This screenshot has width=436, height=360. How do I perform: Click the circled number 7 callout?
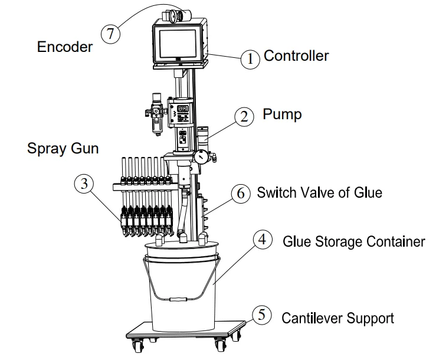click(x=110, y=34)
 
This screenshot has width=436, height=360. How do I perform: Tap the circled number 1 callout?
click(x=250, y=58)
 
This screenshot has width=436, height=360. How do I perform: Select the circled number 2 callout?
click(x=243, y=116)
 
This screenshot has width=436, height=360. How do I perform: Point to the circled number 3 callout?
click(x=84, y=184)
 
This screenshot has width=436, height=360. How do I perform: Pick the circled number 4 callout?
click(x=263, y=241)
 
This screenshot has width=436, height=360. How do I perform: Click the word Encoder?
click(x=65, y=47)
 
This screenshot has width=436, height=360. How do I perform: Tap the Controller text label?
click(x=296, y=56)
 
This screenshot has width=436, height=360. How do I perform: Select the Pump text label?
click(x=282, y=113)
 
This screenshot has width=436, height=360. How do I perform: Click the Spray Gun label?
click(x=63, y=148)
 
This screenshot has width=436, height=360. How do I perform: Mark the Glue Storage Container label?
click(x=354, y=241)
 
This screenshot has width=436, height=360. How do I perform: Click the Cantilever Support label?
click(x=337, y=318)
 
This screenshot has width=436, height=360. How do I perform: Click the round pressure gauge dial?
click(x=203, y=158)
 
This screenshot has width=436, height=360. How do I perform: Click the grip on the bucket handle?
click(x=176, y=299)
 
